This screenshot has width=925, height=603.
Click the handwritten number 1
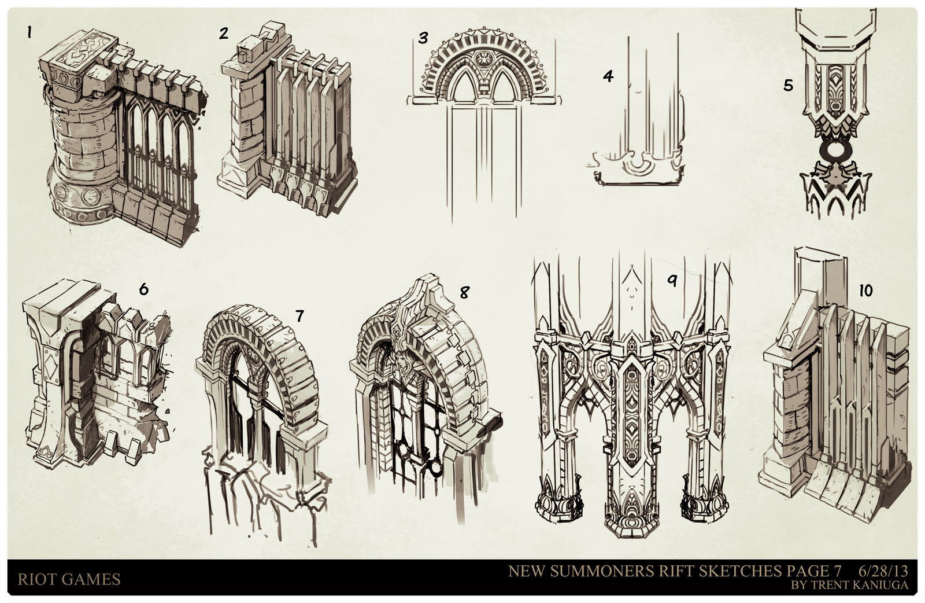[28, 32]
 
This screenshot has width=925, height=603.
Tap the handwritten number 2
[224, 33]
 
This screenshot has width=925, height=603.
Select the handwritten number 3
[423, 38]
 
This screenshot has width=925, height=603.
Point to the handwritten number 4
[608, 76]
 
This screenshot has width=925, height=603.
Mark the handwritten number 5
[789, 86]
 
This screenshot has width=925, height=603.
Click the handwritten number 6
[143, 289]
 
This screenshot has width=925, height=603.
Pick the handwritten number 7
[299, 315]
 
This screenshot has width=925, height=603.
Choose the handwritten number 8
[464, 292]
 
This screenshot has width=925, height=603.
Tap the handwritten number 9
[672, 281]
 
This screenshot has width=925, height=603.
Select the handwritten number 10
[865, 291]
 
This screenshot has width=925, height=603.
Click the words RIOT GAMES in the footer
[69, 579]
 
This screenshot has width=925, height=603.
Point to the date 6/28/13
[883, 571]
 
